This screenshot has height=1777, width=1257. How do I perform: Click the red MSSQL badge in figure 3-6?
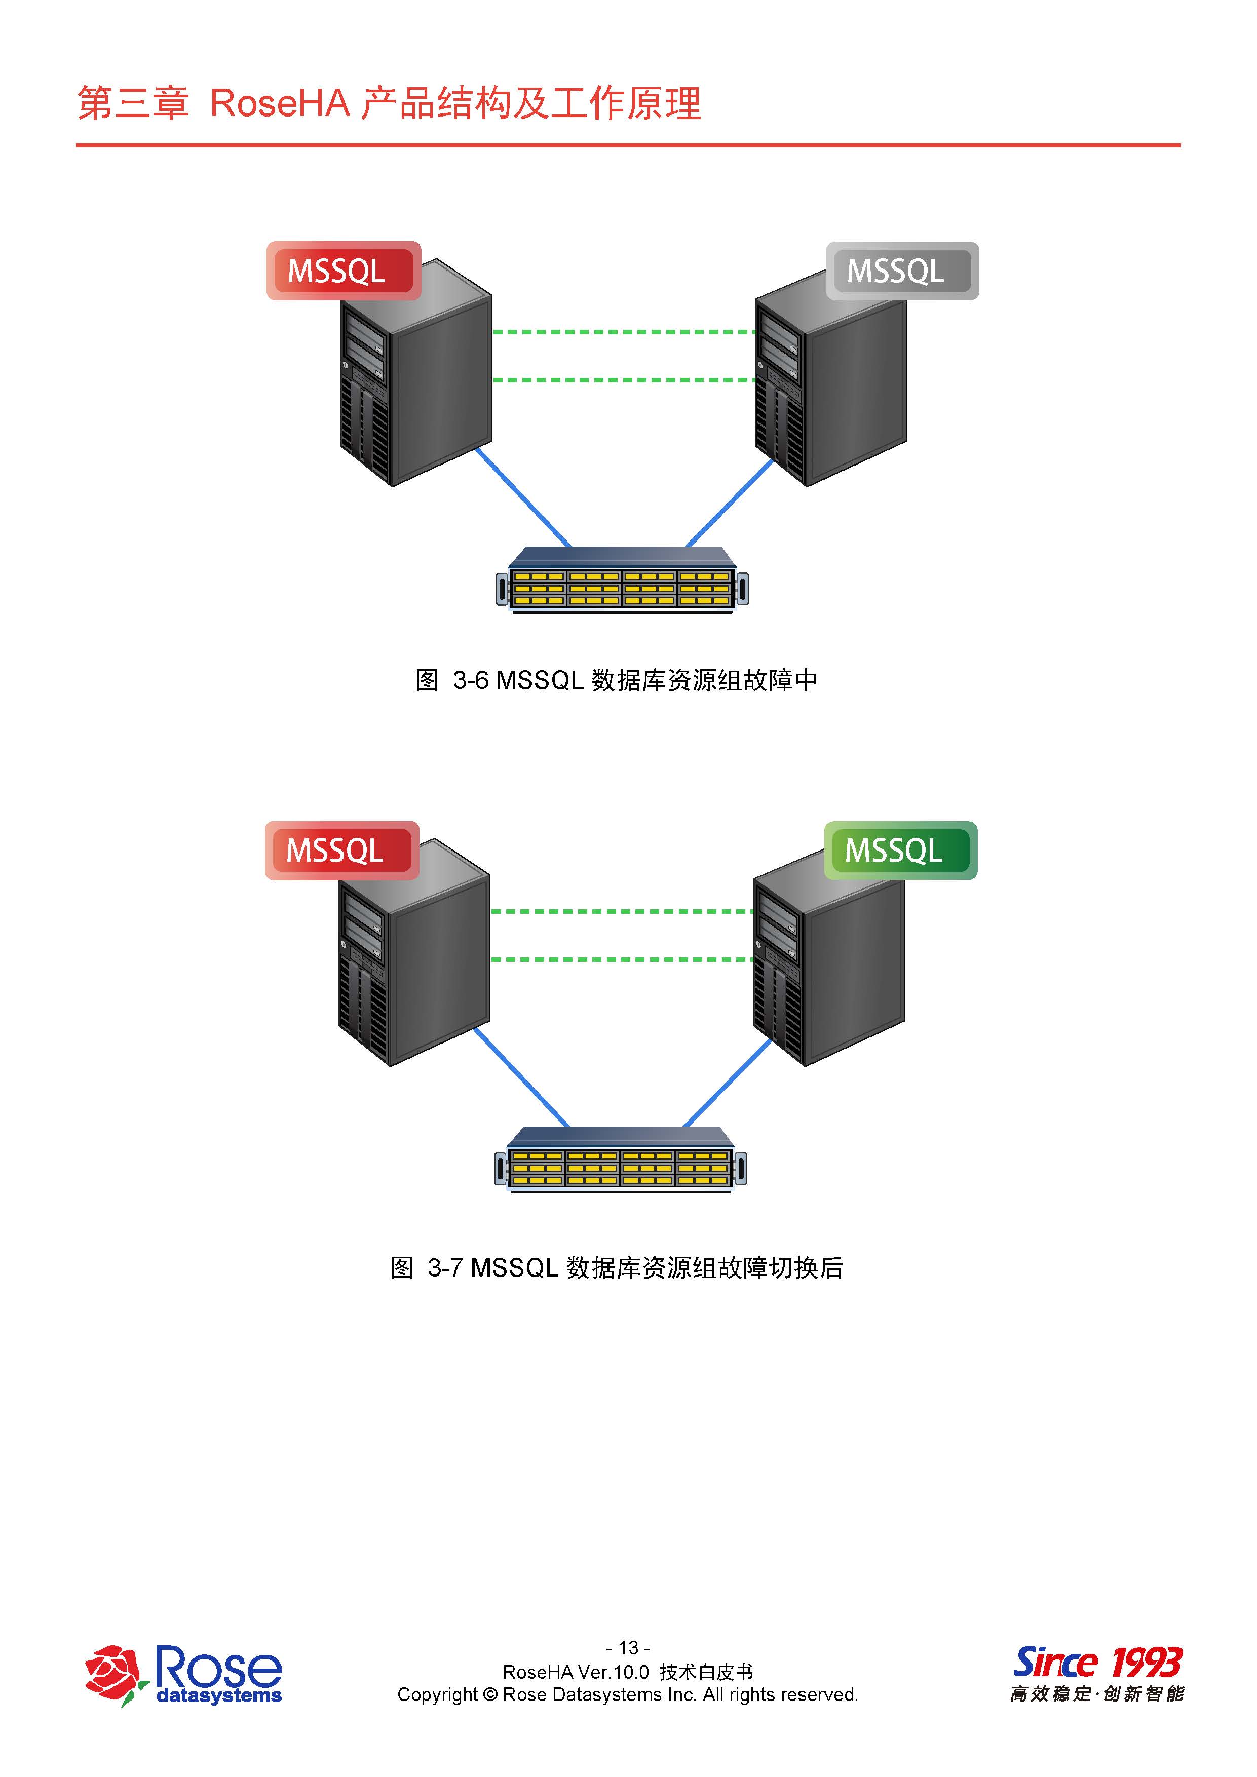(x=343, y=271)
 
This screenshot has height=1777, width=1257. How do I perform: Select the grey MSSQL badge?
(x=902, y=271)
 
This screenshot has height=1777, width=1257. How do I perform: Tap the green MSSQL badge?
(x=900, y=851)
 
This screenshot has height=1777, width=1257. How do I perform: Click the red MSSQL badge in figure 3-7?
(x=341, y=851)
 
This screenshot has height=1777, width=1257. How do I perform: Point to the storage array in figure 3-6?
(x=622, y=581)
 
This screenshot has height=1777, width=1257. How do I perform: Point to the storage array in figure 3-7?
(x=620, y=1160)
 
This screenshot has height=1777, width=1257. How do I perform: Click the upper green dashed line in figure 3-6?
(x=624, y=332)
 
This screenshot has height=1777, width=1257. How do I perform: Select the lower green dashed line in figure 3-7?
(x=622, y=960)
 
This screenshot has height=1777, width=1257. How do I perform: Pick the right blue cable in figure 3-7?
(x=728, y=1082)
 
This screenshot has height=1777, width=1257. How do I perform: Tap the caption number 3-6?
(x=471, y=680)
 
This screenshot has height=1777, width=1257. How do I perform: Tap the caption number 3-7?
(x=445, y=1268)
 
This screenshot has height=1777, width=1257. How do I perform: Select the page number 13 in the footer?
(x=628, y=1648)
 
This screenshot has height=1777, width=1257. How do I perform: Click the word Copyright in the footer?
(x=437, y=1695)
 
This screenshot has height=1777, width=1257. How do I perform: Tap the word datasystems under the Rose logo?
(x=219, y=1696)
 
